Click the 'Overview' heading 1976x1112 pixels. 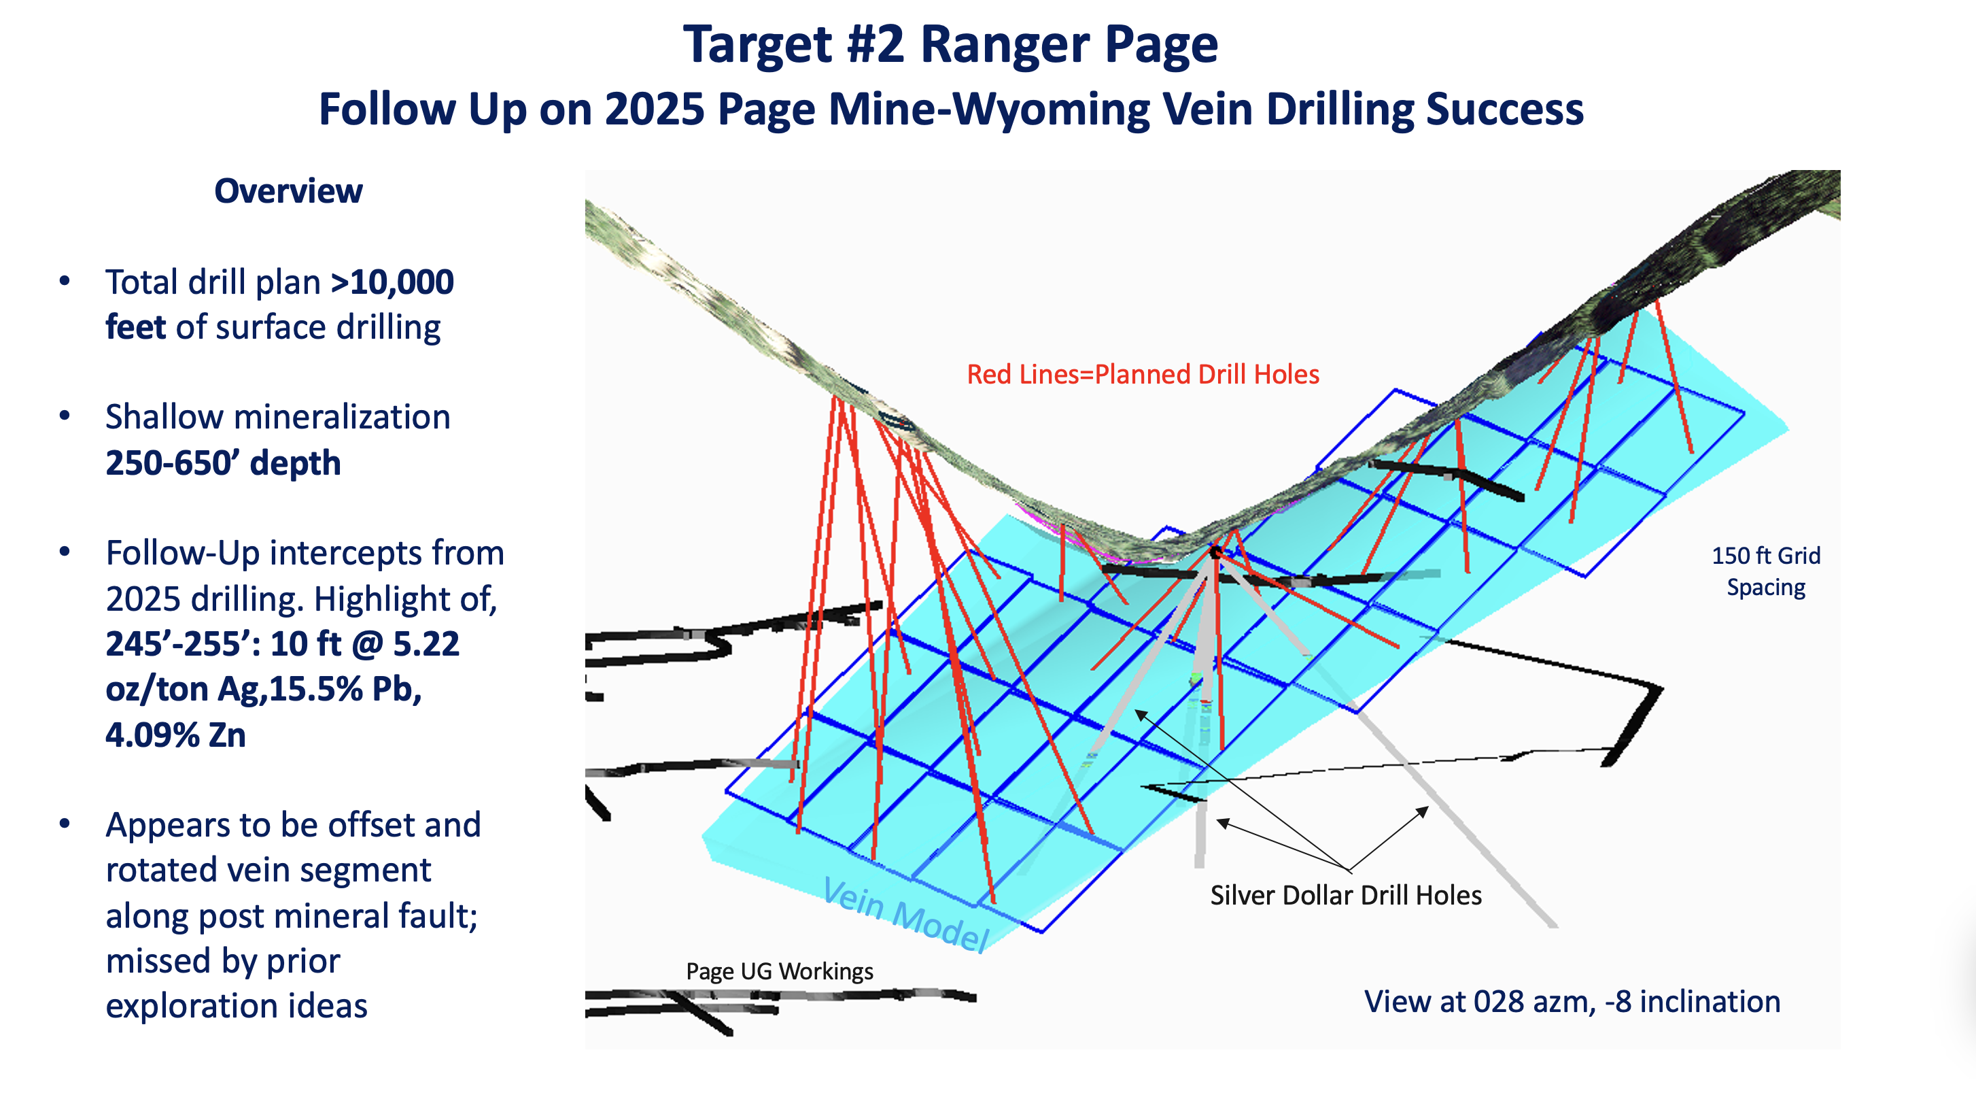tap(288, 191)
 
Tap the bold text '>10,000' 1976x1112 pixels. tap(392, 282)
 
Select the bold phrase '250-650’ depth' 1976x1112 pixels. tap(222, 464)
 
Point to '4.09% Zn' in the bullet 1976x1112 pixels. tap(175, 735)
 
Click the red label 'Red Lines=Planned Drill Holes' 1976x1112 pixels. tap(1142, 375)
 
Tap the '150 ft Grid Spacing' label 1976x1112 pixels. tap(1766, 572)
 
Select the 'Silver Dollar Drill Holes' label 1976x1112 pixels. tap(1345, 896)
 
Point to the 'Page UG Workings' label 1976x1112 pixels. tap(780, 972)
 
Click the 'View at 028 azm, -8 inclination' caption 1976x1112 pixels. tap(1572, 1003)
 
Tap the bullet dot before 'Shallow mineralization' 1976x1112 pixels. tap(65, 417)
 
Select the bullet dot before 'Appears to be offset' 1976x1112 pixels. tap(65, 825)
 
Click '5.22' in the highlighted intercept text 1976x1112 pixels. tap(426, 644)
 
